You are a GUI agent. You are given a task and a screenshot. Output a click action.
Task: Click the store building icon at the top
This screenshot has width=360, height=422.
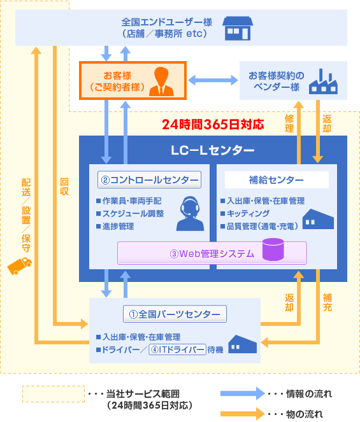(238, 29)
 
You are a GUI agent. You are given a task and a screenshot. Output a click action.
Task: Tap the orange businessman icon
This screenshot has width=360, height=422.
(161, 81)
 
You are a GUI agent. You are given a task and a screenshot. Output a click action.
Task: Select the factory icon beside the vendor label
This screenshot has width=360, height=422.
(323, 81)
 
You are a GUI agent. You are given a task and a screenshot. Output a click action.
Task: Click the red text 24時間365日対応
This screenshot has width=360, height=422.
(213, 124)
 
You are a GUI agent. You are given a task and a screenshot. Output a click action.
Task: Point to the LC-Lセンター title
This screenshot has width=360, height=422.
(213, 150)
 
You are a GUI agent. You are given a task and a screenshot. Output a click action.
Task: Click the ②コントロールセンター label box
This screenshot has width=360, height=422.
(149, 179)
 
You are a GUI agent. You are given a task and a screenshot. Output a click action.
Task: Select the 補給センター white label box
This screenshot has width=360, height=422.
(277, 179)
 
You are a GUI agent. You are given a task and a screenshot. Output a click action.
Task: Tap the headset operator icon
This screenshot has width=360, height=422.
(191, 214)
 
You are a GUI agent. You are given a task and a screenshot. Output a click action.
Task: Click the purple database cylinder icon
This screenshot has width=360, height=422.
(273, 250)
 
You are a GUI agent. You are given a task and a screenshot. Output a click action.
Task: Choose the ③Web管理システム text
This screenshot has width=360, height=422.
(212, 253)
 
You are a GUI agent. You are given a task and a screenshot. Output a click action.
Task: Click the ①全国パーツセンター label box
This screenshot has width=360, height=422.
(175, 314)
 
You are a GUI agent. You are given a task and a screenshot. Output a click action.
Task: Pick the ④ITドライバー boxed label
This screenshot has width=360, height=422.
(177, 349)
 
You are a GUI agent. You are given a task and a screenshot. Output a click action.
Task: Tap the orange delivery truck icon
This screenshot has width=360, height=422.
(19, 266)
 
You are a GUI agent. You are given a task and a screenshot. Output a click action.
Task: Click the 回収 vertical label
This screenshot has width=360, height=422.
(64, 186)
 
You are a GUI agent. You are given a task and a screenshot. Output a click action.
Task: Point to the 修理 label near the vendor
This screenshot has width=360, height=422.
(289, 123)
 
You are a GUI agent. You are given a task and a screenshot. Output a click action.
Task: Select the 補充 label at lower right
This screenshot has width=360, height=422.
(328, 302)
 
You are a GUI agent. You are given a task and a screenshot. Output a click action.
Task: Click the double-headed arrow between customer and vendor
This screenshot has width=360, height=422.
(213, 80)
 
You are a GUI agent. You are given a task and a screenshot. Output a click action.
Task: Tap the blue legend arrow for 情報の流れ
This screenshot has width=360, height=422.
(243, 393)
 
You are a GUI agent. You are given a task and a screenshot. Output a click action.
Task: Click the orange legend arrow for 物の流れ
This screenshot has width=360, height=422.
(243, 414)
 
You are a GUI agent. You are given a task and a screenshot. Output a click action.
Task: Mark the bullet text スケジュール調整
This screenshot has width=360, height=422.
(133, 213)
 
